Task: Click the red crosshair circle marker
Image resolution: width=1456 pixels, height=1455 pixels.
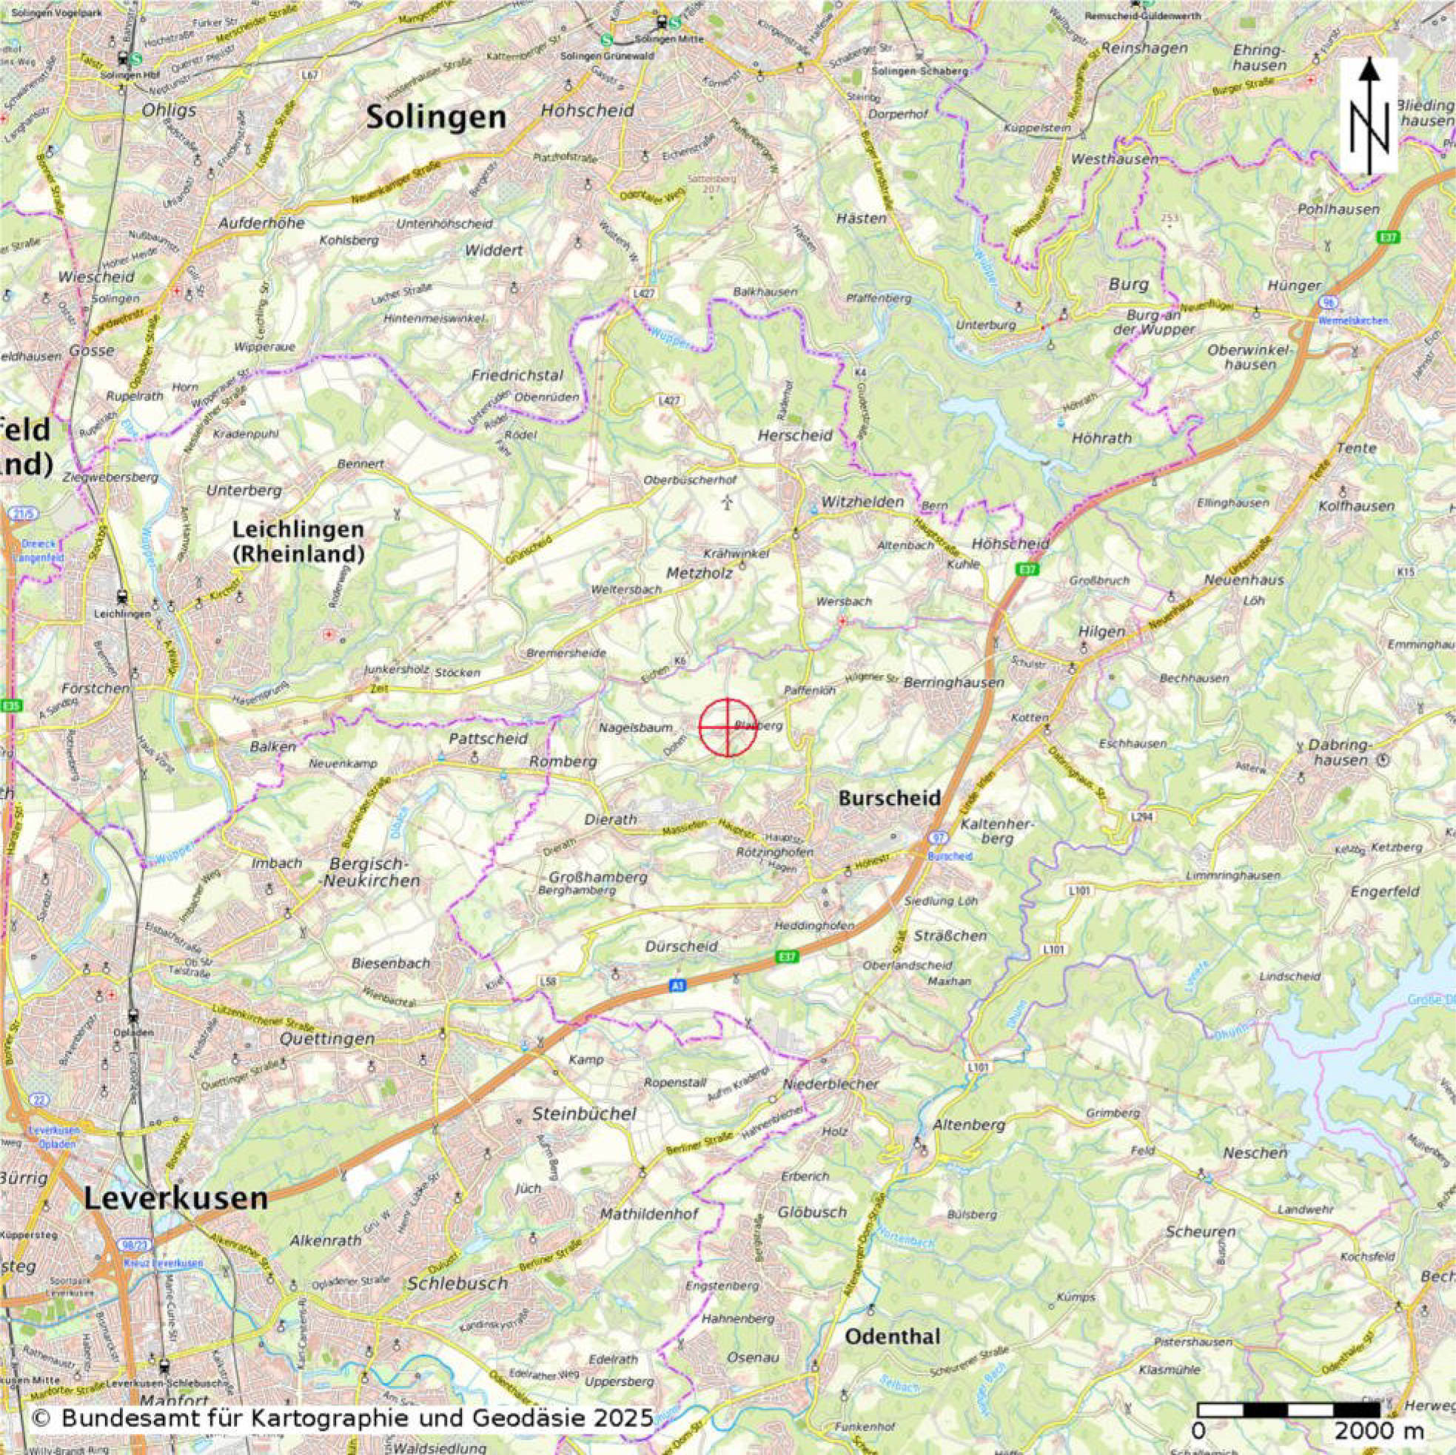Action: [727, 726]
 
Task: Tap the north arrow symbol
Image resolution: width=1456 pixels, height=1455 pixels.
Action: [1369, 118]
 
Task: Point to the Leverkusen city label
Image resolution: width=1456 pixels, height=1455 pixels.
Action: [175, 1198]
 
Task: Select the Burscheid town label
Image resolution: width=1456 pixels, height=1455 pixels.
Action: [890, 798]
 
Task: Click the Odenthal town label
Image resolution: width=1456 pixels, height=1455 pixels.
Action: [892, 1337]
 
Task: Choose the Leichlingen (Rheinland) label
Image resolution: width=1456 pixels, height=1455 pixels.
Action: [298, 541]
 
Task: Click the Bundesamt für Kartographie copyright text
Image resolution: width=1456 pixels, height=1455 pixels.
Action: [343, 1418]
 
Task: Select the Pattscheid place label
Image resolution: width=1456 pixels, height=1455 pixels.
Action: [489, 739]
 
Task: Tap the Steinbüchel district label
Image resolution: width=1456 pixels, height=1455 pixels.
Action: [584, 1114]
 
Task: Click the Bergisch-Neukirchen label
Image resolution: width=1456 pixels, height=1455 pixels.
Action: [369, 872]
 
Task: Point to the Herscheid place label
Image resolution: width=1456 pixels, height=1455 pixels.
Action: [795, 435]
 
